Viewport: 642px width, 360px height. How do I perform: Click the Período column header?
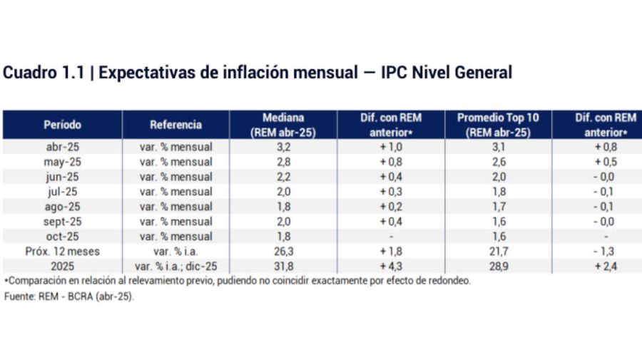(x=62, y=125)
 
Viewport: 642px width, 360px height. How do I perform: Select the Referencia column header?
(x=175, y=125)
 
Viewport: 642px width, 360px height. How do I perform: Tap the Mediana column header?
(x=282, y=125)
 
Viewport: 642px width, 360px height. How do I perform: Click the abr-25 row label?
(x=62, y=147)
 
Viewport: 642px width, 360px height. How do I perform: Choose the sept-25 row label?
(x=62, y=221)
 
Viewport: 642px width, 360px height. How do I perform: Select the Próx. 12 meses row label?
(x=62, y=251)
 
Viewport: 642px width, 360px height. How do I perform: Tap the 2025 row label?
(x=62, y=266)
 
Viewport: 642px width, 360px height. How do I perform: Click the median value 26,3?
(x=282, y=251)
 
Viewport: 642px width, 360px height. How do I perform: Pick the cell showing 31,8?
(x=282, y=266)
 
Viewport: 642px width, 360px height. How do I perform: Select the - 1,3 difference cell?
(x=606, y=251)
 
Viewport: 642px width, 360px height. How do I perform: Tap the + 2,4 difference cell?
(x=606, y=266)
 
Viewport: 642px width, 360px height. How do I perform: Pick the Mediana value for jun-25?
(x=282, y=177)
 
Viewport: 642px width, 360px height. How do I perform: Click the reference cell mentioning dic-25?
(x=175, y=266)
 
